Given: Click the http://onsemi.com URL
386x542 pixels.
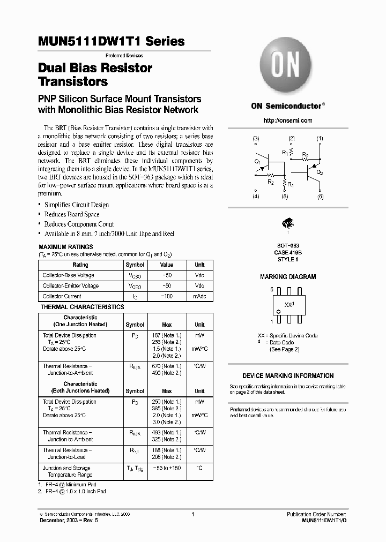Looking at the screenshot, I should coord(288,121).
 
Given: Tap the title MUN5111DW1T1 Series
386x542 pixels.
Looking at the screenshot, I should coord(112,41).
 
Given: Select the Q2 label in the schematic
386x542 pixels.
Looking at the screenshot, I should coord(320,173).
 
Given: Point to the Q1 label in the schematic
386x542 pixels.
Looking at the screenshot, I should coord(257,161).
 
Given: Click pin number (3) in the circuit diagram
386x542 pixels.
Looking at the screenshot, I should coord(256,139).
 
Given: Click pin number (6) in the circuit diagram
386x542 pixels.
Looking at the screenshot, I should coord(321,197).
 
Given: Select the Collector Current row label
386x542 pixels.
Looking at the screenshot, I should coord(62,296).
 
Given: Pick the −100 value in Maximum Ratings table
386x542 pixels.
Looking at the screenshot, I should coord(167,296).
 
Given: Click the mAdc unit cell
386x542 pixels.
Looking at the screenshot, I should coord(199,296).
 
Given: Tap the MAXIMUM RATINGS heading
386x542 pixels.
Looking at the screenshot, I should coord(66,247).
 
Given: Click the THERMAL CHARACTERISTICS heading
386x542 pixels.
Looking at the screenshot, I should coord(82,307).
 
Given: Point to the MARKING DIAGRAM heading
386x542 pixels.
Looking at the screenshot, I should coord(288,277).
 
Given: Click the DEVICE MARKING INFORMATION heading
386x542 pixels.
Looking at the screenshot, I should coord(288,376).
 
